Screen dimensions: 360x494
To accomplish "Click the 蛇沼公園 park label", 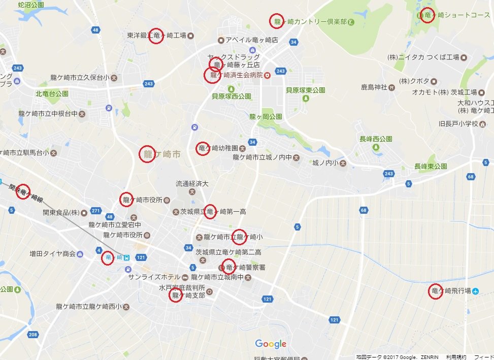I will pos(30,5).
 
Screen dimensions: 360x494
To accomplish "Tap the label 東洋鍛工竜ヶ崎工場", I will pos(157,36).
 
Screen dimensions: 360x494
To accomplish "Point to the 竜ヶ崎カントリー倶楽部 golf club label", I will pos(310,21).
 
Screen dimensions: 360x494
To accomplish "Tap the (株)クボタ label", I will pos(414,81).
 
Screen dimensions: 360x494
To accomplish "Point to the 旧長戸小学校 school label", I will pos(458,124).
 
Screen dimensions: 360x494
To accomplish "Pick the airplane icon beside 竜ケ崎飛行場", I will pos(475,291).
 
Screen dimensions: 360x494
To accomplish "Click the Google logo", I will pos(271,344).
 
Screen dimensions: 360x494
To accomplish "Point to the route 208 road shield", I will pos(33,335).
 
